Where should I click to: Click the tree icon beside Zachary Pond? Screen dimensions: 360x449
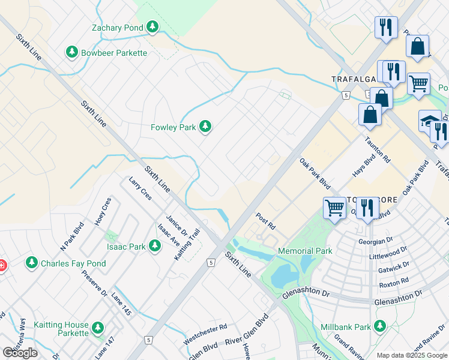click(152, 27)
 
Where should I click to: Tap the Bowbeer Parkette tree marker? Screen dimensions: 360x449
click(73, 53)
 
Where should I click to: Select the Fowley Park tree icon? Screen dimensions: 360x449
click(206, 127)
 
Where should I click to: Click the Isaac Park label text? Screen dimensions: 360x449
click(126, 246)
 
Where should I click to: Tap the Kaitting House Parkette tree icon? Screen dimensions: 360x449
click(97, 328)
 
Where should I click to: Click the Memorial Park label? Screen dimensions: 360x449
click(305, 251)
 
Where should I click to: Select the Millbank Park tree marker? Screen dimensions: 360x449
click(379, 326)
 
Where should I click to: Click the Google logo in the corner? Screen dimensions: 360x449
click(20, 353)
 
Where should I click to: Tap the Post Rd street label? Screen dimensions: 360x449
click(265, 221)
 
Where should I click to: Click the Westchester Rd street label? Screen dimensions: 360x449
click(205, 328)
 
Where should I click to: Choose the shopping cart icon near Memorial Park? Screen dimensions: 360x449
click(334, 208)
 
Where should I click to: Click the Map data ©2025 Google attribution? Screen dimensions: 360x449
click(412, 355)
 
